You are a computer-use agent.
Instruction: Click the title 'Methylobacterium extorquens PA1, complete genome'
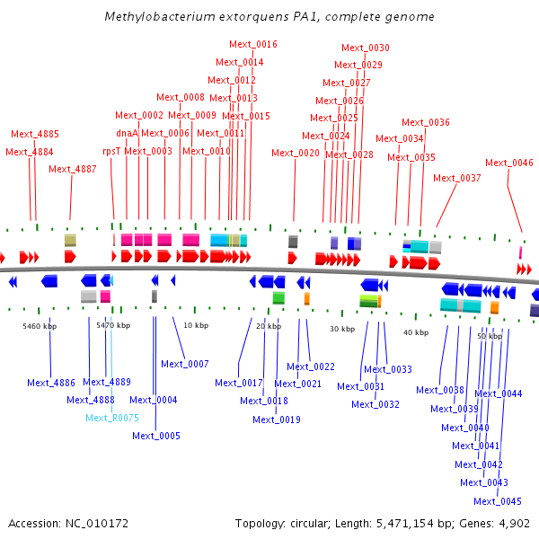269,16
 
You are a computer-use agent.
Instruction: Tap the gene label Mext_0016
253,44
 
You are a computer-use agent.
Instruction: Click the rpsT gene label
111,151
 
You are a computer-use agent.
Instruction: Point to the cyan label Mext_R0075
112,418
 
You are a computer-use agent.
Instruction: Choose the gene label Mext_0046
509,163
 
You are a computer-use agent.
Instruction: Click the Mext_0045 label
498,501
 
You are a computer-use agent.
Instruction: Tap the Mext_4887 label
73,169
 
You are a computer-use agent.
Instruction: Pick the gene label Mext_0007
185,364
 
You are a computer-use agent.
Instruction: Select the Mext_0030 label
366,48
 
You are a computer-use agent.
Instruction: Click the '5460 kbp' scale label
40,326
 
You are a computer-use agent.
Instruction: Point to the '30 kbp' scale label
342,329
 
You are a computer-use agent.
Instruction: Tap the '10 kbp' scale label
196,325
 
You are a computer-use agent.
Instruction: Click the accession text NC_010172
97,524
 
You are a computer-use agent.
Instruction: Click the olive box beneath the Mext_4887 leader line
70,240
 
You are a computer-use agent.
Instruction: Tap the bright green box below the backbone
278,297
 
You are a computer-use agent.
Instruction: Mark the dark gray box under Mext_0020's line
293,242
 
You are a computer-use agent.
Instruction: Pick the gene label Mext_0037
457,178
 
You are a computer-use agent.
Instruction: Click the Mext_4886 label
51,383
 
